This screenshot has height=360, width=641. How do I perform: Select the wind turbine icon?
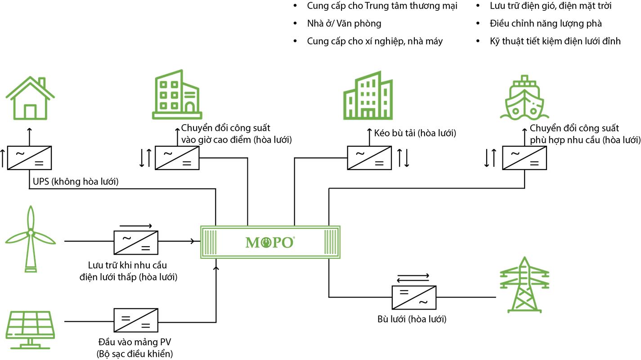[31, 238]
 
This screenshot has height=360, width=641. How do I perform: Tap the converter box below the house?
[29, 158]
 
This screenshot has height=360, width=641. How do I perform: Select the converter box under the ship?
[524, 158]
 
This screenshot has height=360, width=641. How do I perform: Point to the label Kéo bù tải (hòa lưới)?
[415, 133]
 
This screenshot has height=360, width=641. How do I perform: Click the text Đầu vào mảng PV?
[135, 343]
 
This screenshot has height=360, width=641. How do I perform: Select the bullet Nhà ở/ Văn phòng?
[344, 23]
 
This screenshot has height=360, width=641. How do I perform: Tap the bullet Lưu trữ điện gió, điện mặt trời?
[551, 6]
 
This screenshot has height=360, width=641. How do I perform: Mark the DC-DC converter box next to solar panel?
[135, 321]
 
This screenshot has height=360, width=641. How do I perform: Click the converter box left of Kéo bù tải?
[369, 158]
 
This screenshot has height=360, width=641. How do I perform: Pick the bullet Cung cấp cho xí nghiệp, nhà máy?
[375, 41]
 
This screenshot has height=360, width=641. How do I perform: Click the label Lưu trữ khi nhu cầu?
[128, 265]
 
